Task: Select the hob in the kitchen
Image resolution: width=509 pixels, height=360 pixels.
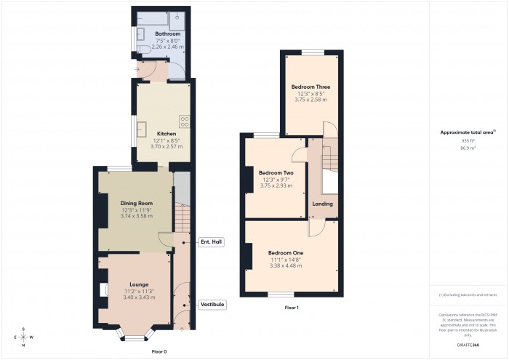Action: (x=185, y=121)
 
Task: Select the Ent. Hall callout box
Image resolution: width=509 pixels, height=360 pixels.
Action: (x=211, y=241)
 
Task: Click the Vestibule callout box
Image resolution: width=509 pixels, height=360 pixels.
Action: (x=212, y=304)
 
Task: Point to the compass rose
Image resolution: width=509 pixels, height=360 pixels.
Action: (x=23, y=337)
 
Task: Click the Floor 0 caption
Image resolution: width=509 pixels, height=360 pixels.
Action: (x=159, y=351)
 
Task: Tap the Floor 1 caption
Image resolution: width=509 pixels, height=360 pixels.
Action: (x=292, y=308)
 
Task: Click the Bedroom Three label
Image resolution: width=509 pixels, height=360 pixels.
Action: (x=310, y=87)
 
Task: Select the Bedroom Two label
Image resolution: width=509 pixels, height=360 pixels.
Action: (x=276, y=172)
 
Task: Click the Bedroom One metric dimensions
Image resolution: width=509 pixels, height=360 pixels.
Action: (x=291, y=265)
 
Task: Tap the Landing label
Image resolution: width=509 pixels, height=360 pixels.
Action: (x=323, y=204)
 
